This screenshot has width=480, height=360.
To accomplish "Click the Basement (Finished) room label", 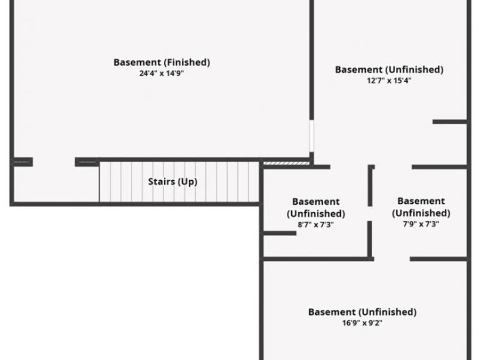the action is pos(162,62).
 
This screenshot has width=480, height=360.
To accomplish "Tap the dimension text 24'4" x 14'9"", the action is pos(161,74).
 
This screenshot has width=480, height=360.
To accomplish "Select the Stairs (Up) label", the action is pos(173,181).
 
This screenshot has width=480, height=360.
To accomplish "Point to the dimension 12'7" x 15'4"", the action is pos(389,81).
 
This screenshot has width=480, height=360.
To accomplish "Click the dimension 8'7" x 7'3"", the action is pos(316,225).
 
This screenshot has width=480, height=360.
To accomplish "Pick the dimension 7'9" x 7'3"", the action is pos(421,224).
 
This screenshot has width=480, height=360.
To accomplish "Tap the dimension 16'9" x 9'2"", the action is pos(362,323).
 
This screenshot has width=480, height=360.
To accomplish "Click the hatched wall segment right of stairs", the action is pos(286,164).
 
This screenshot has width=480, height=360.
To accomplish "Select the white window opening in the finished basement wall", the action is pos(311,136).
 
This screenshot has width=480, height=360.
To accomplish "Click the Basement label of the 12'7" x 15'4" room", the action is pos(359,69).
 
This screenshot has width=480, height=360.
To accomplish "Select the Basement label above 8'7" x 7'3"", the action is pos(316,202).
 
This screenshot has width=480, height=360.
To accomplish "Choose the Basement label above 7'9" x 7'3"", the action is pos(421,201).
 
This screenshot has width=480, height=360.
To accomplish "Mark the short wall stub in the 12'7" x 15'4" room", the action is pos(450,122).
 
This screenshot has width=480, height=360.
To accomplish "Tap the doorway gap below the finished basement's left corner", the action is pos(54,162).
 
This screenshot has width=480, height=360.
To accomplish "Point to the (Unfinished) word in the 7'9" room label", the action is pos(421,213).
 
